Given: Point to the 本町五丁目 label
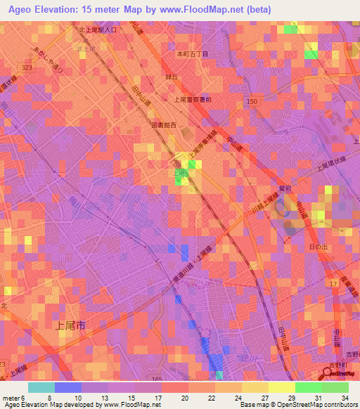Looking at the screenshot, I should (x=192, y=54).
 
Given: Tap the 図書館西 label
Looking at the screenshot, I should (x=163, y=125).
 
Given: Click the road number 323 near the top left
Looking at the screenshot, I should (x=27, y=67).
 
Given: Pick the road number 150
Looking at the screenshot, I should (x=252, y=102).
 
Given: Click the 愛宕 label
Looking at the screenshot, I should (x=285, y=189).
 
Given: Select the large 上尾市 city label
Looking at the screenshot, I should (x=70, y=325).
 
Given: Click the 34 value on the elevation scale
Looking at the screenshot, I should (x=345, y=398).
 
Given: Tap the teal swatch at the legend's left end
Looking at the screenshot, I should (x=41, y=387).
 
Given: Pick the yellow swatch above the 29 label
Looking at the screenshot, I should (x=282, y=387).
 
